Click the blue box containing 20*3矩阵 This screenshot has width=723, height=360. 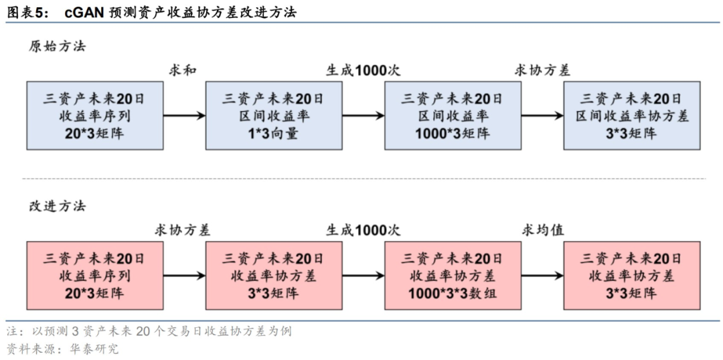click(x=94, y=116)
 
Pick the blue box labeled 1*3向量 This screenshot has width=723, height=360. click(x=273, y=116)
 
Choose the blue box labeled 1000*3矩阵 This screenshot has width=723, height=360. click(x=453, y=116)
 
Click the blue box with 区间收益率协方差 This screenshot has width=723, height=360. click(x=632, y=116)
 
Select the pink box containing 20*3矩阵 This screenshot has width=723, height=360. click(x=94, y=276)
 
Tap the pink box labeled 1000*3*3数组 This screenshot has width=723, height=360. click(x=453, y=276)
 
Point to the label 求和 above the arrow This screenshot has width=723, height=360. click(x=182, y=70)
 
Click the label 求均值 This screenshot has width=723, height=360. click(x=542, y=230)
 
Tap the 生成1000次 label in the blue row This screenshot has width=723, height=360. click(x=363, y=70)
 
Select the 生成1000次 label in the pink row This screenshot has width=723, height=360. click(x=363, y=230)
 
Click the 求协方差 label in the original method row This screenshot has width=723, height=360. click(x=542, y=70)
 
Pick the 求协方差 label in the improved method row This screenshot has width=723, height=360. click(x=183, y=230)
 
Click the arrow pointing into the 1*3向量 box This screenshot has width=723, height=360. click(x=184, y=116)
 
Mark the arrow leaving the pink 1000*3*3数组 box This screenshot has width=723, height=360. click(x=542, y=276)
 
